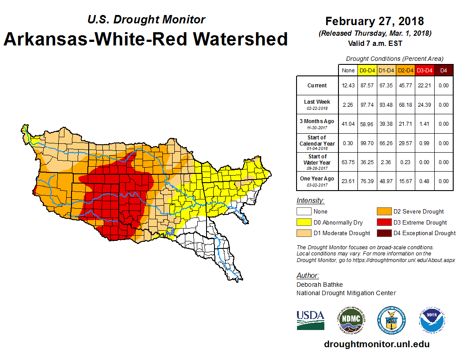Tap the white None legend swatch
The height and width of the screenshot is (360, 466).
(304, 212)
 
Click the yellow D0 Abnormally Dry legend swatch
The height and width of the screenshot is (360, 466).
(304, 222)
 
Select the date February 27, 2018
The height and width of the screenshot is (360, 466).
(375, 21)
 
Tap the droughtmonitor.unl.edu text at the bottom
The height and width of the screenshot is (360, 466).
(376, 344)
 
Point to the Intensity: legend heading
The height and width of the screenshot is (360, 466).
(310, 201)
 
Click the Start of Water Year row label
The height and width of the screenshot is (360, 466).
(317, 159)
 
